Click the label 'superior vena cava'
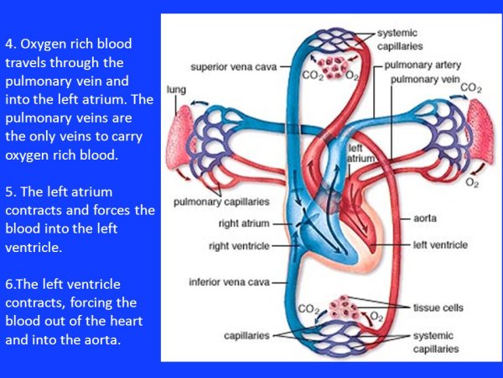tap(233, 64)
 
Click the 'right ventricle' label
tap(242, 245)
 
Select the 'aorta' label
tap(424, 218)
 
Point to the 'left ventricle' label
tap(439, 245)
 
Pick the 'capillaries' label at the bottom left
tap(246, 335)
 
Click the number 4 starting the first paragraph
tap(9, 43)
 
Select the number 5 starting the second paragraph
tap(9, 192)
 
